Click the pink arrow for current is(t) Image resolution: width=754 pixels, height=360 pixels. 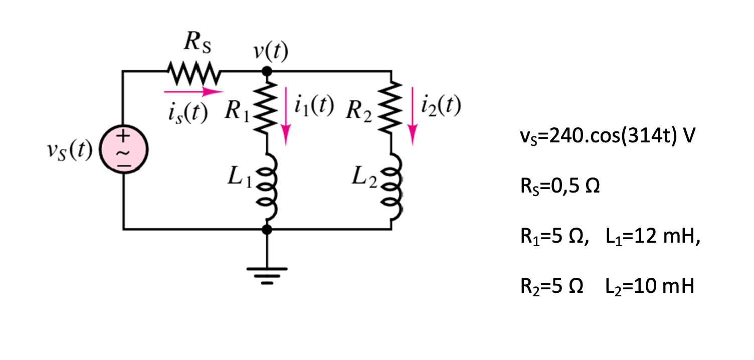[193, 92]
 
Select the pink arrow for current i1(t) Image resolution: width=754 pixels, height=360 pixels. [286, 115]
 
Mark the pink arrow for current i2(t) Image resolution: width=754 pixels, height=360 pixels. [412, 115]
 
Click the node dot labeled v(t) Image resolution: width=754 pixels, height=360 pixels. [267, 72]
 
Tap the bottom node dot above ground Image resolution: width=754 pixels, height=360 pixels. [267, 229]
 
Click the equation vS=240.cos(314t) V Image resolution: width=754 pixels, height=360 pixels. [607, 137]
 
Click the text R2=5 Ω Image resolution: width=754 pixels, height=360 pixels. [551, 287]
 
